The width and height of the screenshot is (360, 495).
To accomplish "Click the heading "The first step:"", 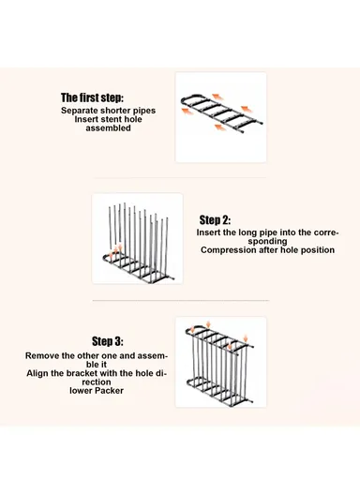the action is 92,97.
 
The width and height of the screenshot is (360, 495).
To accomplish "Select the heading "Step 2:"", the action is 215,220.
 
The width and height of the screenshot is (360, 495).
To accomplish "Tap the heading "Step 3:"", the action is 108,341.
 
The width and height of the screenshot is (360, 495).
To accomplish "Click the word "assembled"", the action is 108,128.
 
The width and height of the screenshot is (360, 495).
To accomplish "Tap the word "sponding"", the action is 267,242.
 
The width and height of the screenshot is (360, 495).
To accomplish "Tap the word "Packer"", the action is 109,391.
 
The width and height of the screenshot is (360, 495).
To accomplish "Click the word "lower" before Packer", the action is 81,391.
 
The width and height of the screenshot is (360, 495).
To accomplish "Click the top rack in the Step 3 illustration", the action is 220,337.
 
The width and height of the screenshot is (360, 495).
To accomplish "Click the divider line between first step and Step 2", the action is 179,178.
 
